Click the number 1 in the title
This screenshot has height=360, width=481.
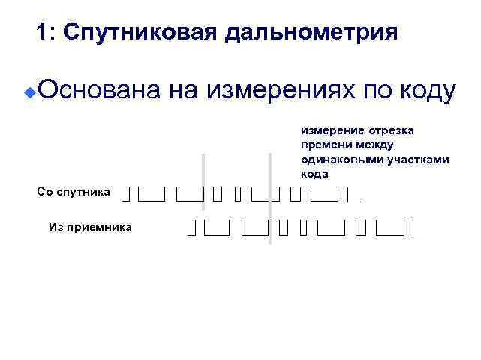tap(42, 34)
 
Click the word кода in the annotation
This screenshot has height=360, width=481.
tap(315, 173)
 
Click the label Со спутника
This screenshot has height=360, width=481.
tap(74, 193)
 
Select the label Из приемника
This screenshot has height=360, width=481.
tap(89, 226)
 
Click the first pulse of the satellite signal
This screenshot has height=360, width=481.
tap(134, 194)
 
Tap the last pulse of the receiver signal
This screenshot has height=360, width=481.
tap(409, 227)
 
